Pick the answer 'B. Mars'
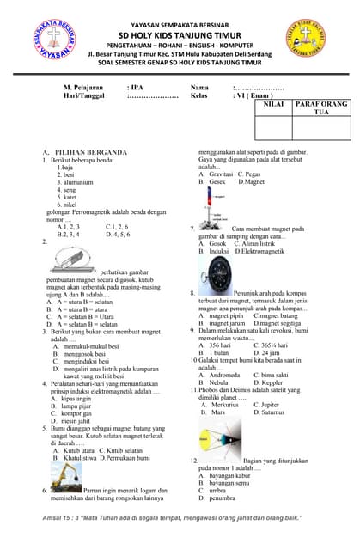click(212, 412)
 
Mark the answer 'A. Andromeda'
click(219, 375)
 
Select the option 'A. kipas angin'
click(74, 399)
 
